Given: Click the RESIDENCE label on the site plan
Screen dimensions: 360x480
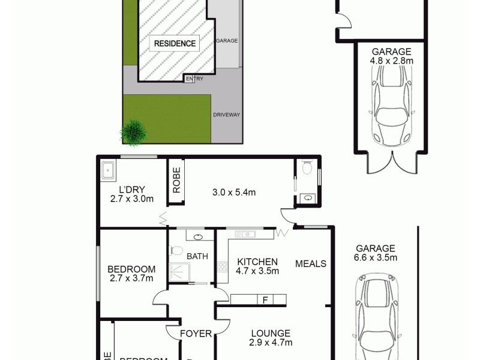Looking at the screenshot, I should tap(175, 43).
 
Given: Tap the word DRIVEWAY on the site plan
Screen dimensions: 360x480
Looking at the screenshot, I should tap(226, 114).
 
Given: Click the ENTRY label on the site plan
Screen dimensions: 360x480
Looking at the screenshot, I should tap(194, 79).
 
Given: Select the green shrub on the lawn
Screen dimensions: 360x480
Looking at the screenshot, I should tap(134, 130).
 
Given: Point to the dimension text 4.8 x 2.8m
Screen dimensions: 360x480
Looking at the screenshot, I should tap(391, 61).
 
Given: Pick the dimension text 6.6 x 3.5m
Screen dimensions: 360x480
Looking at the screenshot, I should tap(376, 258).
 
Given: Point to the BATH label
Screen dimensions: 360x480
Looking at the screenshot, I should tap(197, 257).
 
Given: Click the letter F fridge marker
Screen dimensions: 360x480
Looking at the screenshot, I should tap(264, 299).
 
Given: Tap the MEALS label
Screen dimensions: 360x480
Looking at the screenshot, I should tap(310, 263).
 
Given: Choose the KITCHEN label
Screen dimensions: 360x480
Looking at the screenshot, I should tap(257, 262).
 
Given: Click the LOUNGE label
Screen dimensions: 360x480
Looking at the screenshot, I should tap(271, 333).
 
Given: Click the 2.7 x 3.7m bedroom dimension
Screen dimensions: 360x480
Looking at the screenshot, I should tap(132, 278).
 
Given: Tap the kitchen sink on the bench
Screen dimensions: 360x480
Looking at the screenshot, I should tap(245, 233).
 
